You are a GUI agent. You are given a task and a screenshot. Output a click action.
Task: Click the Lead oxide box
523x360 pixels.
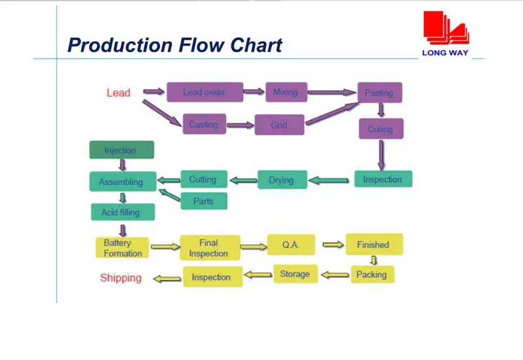click(205, 92)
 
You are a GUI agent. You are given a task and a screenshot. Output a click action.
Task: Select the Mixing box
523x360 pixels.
click(286, 92)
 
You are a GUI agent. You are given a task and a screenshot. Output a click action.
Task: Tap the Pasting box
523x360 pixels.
click(379, 93)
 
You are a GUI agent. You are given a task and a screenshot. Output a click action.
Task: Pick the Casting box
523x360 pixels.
click(204, 124)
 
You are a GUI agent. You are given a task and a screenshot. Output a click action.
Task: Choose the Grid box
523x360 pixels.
click(279, 125)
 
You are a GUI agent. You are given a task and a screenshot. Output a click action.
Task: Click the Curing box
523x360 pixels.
click(380, 129)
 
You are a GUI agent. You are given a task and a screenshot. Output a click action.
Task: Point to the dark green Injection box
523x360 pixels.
click(122, 150)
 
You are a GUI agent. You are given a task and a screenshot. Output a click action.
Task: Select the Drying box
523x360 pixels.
click(282, 180)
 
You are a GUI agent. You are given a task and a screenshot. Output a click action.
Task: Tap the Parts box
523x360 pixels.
click(203, 201)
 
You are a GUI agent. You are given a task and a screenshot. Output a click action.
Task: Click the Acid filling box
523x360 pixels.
click(123, 212)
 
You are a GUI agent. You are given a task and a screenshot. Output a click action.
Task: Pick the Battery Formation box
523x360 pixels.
click(122, 248)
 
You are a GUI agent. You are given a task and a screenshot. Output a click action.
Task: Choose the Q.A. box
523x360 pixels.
click(291, 244)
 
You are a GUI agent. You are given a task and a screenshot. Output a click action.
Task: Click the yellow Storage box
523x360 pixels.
click(295, 274)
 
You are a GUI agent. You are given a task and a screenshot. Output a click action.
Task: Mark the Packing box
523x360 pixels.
click(372, 274)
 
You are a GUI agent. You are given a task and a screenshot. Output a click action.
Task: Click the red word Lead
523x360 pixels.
click(118, 93)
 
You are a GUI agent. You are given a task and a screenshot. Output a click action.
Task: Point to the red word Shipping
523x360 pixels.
click(120, 278)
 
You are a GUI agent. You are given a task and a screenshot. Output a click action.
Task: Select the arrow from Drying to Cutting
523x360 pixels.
click(243, 180)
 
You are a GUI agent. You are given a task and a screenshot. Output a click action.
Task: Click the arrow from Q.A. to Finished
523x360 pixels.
click(332, 244)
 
